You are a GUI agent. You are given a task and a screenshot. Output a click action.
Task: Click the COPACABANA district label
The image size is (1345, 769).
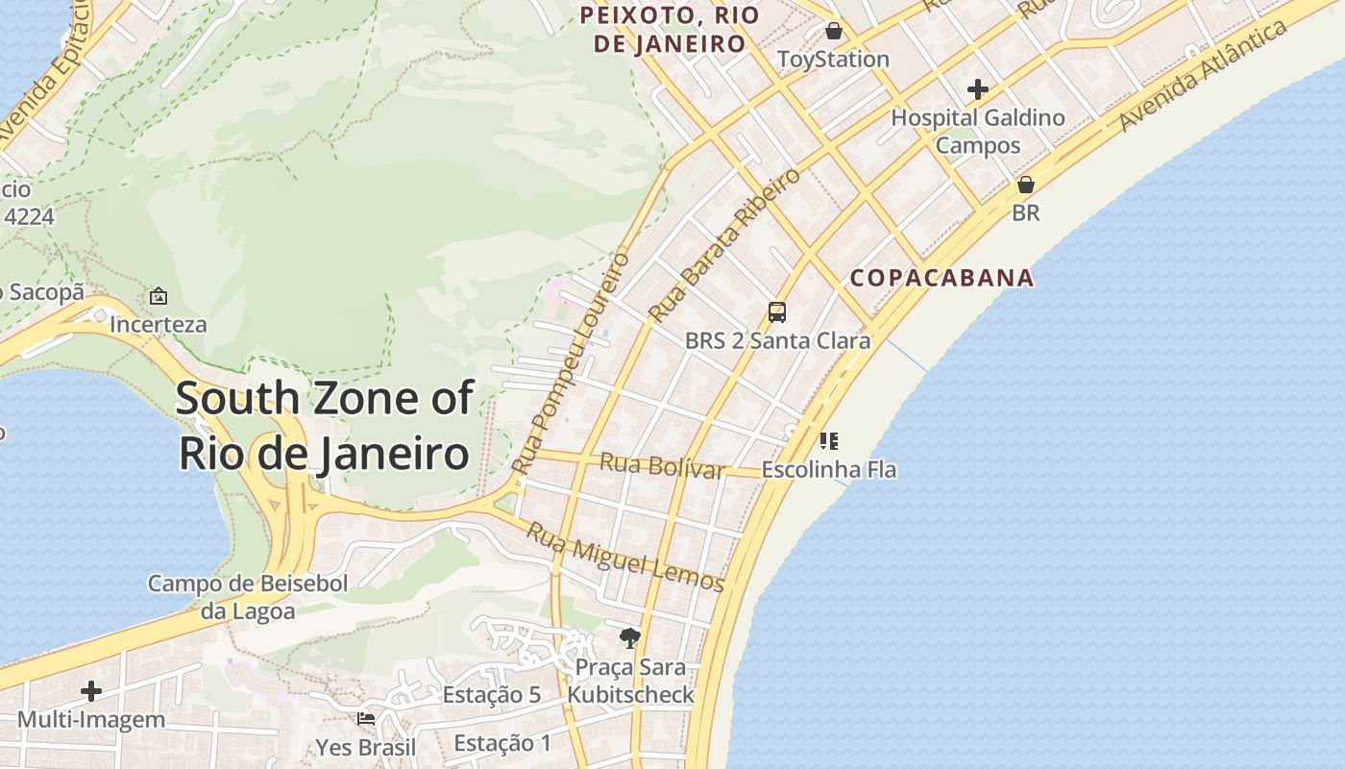pyautogui.click(x=941, y=278)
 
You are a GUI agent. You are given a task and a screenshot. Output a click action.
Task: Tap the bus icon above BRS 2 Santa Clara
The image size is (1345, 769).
pyautogui.click(x=777, y=312)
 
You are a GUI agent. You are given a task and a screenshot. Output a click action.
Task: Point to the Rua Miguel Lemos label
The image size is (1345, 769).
pyautogui.click(x=624, y=557)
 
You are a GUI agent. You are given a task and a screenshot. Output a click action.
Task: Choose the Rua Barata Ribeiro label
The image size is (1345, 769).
pyautogui.click(x=724, y=246)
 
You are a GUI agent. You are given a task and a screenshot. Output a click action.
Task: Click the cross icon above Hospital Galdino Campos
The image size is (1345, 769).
pyautogui.click(x=978, y=90)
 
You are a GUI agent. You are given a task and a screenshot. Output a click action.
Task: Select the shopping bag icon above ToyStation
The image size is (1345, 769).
pyautogui.click(x=833, y=32)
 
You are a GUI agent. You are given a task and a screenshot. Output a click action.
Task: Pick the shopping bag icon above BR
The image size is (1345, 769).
pyautogui.click(x=1026, y=185)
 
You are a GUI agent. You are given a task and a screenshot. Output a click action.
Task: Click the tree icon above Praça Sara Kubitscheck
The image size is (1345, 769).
pyautogui.click(x=630, y=637)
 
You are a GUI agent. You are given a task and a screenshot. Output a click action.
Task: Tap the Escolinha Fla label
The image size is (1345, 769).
pyautogui.click(x=828, y=470)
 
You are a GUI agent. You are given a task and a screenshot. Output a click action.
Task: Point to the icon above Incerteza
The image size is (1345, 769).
pyautogui.click(x=159, y=296)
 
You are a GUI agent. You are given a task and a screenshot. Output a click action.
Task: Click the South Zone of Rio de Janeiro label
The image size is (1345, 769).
pyautogui.click(x=324, y=425)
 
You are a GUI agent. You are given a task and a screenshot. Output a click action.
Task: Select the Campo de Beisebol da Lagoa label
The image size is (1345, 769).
pyautogui.click(x=248, y=596)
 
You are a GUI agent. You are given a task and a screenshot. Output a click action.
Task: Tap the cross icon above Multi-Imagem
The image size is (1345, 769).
pyautogui.click(x=91, y=691)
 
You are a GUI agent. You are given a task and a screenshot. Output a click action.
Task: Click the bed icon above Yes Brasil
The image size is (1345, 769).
pyautogui.click(x=366, y=719)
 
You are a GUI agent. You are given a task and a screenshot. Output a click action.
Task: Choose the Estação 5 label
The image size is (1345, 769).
pyautogui.click(x=491, y=695)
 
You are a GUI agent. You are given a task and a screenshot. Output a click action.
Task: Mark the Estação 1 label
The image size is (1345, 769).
pyautogui.click(x=502, y=743)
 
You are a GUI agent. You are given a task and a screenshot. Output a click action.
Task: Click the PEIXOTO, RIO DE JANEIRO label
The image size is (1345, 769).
pyautogui.click(x=670, y=29)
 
